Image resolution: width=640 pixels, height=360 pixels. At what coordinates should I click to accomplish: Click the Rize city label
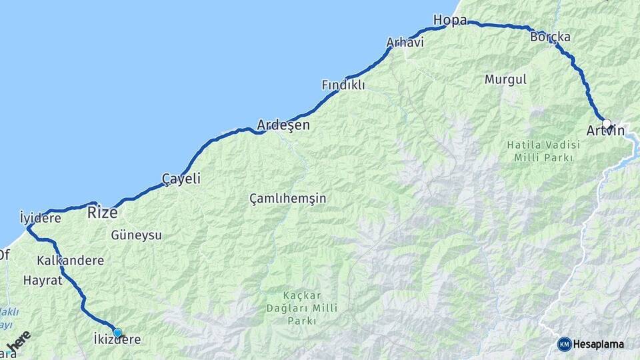[x=103, y=213]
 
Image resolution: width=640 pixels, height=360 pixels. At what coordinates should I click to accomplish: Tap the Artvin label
[x=605, y=131]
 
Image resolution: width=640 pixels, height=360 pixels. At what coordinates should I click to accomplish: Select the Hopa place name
[x=449, y=20]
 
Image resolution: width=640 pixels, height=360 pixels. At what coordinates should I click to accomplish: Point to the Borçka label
[x=550, y=37]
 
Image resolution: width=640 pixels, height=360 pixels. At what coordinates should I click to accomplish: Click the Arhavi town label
[x=405, y=43]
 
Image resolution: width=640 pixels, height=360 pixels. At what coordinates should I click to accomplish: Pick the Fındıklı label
[x=343, y=85]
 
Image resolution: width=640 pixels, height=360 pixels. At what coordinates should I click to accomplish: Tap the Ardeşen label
[x=283, y=125]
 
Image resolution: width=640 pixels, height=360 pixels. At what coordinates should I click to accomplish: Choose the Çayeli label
[x=181, y=179]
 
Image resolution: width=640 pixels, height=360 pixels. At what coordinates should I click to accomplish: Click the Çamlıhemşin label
[x=288, y=199]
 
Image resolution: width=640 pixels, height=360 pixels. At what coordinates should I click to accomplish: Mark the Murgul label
[x=505, y=79]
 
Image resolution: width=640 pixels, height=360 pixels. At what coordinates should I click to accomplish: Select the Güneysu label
[x=136, y=235]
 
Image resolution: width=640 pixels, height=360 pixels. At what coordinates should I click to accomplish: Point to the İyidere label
[x=40, y=217]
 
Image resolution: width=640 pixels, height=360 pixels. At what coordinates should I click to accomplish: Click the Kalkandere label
[x=71, y=260]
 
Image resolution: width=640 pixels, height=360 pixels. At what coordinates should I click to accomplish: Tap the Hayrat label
[x=43, y=280]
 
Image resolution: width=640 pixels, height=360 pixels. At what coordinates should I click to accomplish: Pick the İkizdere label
[x=117, y=340]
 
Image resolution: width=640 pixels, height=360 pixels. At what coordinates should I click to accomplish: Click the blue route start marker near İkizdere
[x=117, y=332]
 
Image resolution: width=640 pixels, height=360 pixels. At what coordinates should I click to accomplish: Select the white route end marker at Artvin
[x=606, y=123]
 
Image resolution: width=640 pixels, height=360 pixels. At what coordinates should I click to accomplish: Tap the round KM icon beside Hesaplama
[x=564, y=344]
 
